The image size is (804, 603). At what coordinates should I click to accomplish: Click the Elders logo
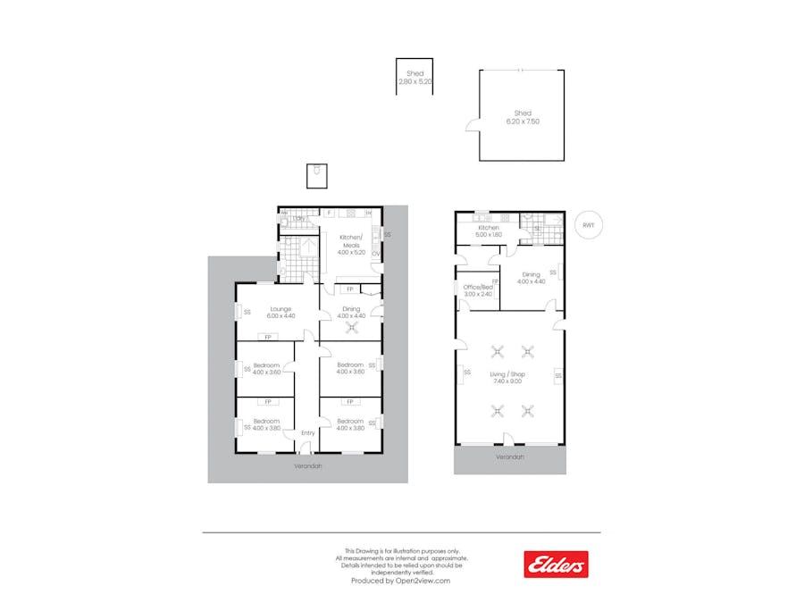click(556, 564)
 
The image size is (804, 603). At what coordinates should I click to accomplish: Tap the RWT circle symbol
click(588, 225)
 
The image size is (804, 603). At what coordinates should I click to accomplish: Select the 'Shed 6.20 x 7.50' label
click(523, 117)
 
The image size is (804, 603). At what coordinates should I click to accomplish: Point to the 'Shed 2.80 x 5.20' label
click(415, 78)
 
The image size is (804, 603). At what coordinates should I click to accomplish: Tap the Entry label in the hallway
click(307, 433)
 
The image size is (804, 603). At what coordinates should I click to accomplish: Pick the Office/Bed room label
click(478, 290)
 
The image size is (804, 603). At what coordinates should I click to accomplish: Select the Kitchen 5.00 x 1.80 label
click(489, 231)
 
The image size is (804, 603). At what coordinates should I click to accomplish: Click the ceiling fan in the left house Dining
click(351, 326)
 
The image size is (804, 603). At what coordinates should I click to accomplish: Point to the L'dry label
click(298, 218)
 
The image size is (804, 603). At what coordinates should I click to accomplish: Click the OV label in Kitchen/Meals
click(374, 253)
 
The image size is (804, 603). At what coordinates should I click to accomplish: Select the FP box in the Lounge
click(265, 337)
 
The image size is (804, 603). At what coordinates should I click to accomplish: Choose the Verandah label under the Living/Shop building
click(510, 456)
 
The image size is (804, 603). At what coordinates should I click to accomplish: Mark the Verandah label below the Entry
click(308, 466)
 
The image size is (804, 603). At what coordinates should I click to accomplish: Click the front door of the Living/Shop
click(507, 441)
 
